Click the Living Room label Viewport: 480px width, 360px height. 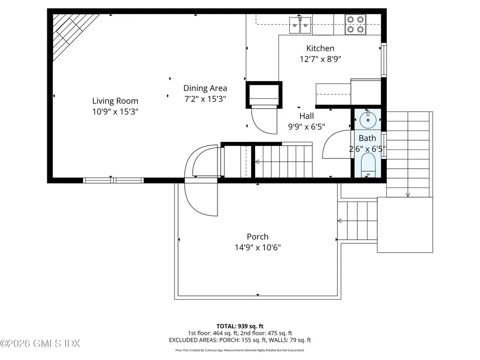pos(115,101)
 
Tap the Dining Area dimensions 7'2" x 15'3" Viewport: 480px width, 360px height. pos(205,99)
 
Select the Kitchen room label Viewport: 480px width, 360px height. pos(320,48)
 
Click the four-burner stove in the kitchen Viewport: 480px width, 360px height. pos(355,24)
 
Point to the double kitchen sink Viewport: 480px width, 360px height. pos(300,25)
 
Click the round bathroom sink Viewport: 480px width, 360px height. pos(368,120)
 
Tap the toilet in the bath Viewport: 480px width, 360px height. pos(368,165)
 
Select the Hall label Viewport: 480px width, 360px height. pos(307,116)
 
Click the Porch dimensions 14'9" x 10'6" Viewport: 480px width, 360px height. pos(258,247)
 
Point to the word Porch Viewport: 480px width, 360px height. pos(258,237)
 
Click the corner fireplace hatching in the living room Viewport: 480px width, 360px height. pos(72,33)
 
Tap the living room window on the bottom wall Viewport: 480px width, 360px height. pos(113,180)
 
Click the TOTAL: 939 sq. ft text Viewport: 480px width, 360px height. pos(240,326)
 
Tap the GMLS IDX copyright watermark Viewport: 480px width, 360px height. pos(40,344)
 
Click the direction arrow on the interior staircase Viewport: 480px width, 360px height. pos(257,162)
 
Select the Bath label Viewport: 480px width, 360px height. pos(367,138)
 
